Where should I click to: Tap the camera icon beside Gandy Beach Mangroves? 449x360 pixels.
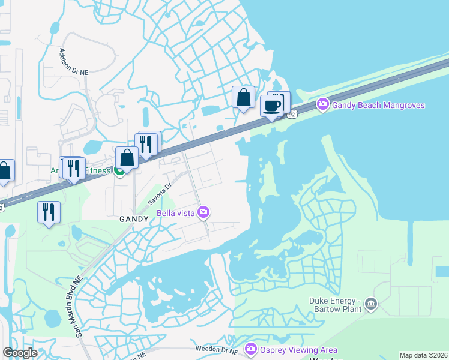[x=323, y=105]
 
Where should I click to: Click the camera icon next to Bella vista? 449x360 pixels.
[x=204, y=212]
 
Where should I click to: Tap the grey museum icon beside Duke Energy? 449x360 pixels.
[x=371, y=305]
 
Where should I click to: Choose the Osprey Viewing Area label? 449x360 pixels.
[x=298, y=350]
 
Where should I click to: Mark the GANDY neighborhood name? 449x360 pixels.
[x=133, y=219]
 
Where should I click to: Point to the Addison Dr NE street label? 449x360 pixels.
[x=73, y=61]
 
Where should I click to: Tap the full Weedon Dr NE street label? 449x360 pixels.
[x=217, y=350]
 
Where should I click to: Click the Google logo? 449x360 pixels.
[x=19, y=353]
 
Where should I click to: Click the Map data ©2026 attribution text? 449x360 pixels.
[x=423, y=355]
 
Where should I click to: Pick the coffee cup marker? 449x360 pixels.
[x=272, y=106]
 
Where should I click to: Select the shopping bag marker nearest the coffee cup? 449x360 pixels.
[x=243, y=97]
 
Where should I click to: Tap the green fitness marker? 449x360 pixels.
[x=119, y=172]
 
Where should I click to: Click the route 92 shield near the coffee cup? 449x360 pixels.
[x=292, y=114]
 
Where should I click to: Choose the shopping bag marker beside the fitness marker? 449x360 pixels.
[x=127, y=158]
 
